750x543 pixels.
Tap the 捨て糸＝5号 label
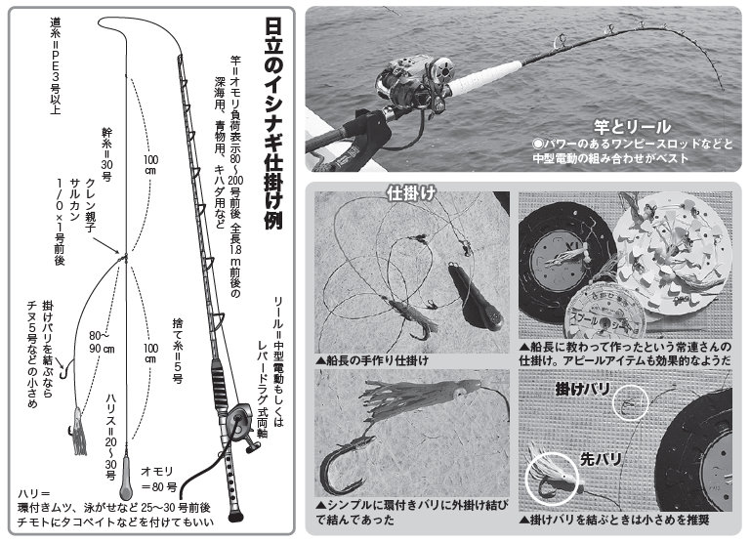pyautogui.click(x=178, y=348)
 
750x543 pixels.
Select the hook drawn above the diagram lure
pyautogui.click(x=64, y=369)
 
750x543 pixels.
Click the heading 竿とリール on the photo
pyautogui.click(x=632, y=126)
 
